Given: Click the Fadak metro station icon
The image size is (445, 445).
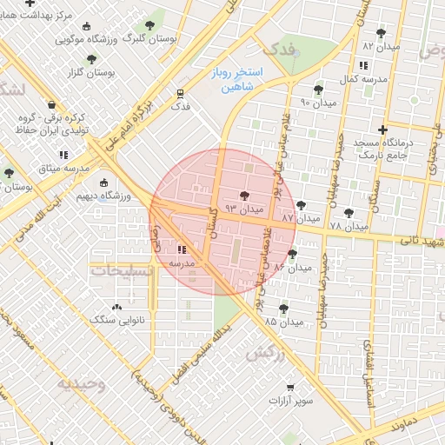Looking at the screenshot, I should (180, 92).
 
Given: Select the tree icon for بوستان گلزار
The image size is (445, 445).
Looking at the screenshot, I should (92, 59).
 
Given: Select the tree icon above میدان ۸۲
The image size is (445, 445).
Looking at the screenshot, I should (381, 33).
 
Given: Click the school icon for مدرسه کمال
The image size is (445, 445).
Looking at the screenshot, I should (362, 65).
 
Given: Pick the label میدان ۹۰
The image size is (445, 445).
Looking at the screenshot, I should (317, 103).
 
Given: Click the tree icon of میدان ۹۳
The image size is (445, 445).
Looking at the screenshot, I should (244, 196).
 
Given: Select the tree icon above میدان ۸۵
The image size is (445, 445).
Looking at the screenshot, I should (283, 308).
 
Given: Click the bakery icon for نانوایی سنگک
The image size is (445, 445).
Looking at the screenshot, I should (117, 306).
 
